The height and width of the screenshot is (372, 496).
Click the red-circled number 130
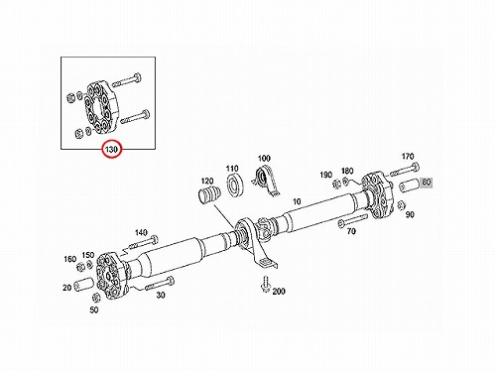[111, 150]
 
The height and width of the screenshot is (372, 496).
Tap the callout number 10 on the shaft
[297, 201]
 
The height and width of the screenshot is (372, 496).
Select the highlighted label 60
[427, 182]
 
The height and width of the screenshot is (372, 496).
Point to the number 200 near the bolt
[279, 292]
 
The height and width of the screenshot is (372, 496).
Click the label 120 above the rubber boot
[207, 182]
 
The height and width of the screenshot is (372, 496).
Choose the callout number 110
[232, 169]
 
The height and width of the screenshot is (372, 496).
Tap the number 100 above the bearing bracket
[264, 159]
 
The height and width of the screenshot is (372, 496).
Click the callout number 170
[408, 156]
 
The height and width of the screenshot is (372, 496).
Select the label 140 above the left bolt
[141, 233]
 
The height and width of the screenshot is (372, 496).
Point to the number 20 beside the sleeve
[67, 288]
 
